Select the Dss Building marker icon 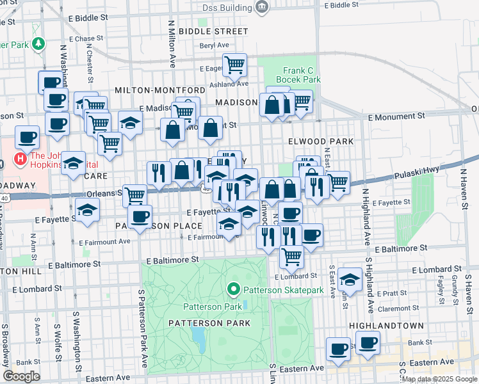coord(261,6)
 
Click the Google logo coord(21,376)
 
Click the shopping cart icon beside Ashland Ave coord(234,64)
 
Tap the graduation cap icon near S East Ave coord(350,278)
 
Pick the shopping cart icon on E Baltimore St coord(291,256)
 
